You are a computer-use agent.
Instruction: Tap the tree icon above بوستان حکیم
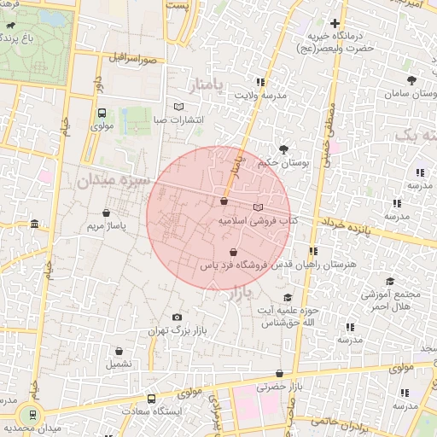(x=272, y=149)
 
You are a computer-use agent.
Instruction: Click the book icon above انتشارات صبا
(x=178, y=107)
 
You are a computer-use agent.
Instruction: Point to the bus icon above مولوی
(x=102, y=113)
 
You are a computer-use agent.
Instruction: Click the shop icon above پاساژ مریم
(x=107, y=213)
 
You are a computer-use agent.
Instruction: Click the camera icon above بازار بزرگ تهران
(x=177, y=317)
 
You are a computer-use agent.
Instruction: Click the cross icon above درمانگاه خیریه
(x=335, y=24)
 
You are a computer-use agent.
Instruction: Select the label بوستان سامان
(x=412, y=93)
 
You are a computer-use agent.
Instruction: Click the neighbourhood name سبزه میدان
(x=113, y=181)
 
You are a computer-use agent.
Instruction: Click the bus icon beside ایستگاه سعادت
(x=151, y=399)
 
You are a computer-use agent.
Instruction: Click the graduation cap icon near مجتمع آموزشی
(x=390, y=282)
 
